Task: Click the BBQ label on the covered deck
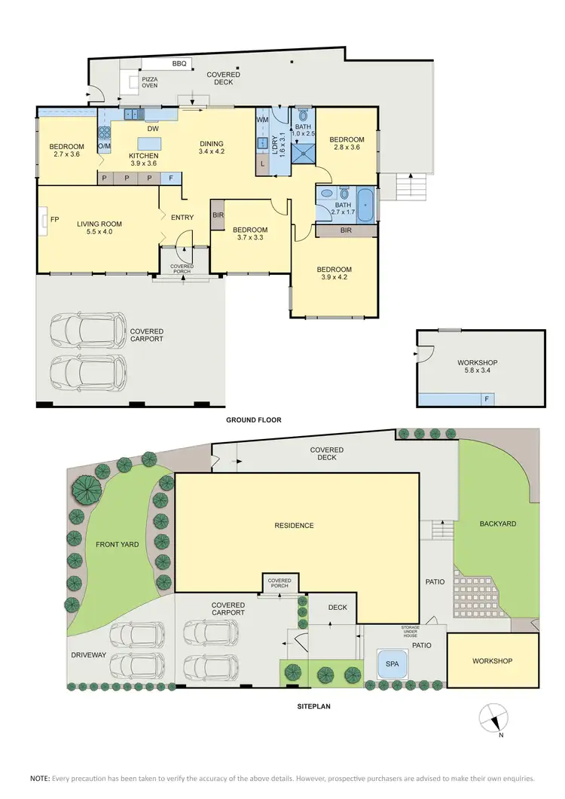(179, 64)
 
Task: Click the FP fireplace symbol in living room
(45, 220)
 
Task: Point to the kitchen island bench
(149, 143)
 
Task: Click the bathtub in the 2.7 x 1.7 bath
(365, 206)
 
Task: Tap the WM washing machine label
(262, 120)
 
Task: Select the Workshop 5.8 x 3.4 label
(478, 367)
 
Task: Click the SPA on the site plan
(392, 665)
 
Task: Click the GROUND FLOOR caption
(254, 420)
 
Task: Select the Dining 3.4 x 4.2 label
(211, 148)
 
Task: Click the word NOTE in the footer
(39, 778)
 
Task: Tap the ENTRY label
(182, 218)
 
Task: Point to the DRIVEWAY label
(89, 655)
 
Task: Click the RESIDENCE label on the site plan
(294, 526)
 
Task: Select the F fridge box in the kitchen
(171, 178)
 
